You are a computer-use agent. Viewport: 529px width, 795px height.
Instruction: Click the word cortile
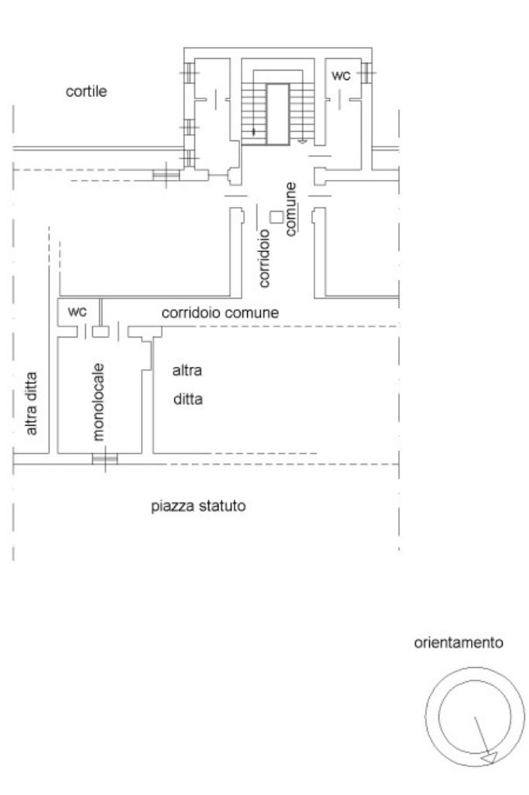[86, 92]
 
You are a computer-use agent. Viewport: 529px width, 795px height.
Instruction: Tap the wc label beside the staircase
[341, 75]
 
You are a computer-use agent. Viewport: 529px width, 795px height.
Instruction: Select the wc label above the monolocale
[77, 312]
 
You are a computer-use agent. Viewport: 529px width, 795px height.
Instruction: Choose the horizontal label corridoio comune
[220, 313]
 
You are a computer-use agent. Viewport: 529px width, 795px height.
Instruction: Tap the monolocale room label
[98, 401]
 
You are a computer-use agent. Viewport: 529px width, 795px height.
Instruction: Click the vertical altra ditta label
[33, 402]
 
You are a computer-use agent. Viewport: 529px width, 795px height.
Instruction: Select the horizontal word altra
[187, 371]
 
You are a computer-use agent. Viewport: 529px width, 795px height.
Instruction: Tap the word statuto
[224, 508]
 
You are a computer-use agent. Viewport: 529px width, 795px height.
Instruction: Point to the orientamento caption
[470, 643]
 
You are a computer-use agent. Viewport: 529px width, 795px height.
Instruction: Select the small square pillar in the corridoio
[276, 217]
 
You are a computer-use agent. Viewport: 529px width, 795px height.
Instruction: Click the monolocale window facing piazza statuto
[105, 458]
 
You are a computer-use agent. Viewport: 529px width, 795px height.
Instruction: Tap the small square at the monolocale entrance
[100, 331]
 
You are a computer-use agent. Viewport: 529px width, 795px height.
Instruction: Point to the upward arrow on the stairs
[254, 131]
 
